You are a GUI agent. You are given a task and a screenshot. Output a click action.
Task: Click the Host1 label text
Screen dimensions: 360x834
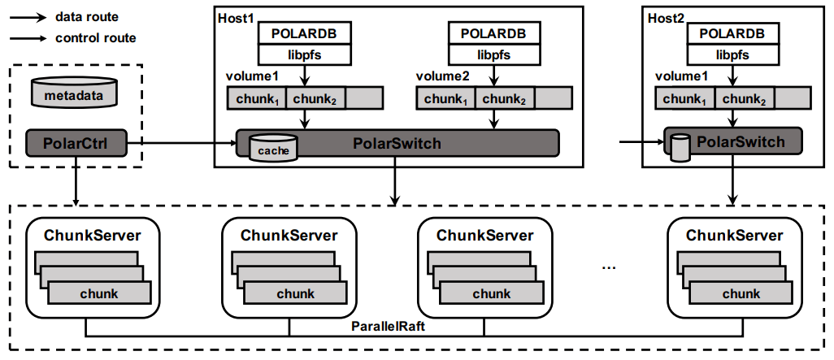tap(235, 17)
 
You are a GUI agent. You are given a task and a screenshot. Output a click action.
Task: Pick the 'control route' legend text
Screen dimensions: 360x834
tap(95, 37)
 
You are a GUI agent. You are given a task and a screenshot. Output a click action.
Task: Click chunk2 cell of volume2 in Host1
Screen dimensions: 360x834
tap(505, 98)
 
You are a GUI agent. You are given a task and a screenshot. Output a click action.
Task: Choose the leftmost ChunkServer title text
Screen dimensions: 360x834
tap(93, 236)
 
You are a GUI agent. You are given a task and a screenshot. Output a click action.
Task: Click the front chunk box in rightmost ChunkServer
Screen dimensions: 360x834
tap(741, 293)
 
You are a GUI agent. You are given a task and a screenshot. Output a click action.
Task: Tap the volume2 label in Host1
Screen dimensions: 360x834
tap(443, 76)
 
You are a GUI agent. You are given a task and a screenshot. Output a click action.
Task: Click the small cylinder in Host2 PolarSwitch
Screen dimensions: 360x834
tap(681, 145)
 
